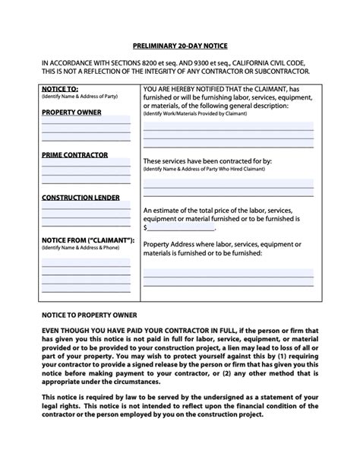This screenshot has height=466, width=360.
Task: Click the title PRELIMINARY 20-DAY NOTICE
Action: click(x=179, y=45)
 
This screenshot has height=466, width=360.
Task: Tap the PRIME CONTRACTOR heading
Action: click(x=74, y=155)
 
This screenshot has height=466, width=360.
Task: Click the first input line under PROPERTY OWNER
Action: click(x=86, y=121)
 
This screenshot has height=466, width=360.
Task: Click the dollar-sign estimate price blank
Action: click(x=181, y=227)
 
